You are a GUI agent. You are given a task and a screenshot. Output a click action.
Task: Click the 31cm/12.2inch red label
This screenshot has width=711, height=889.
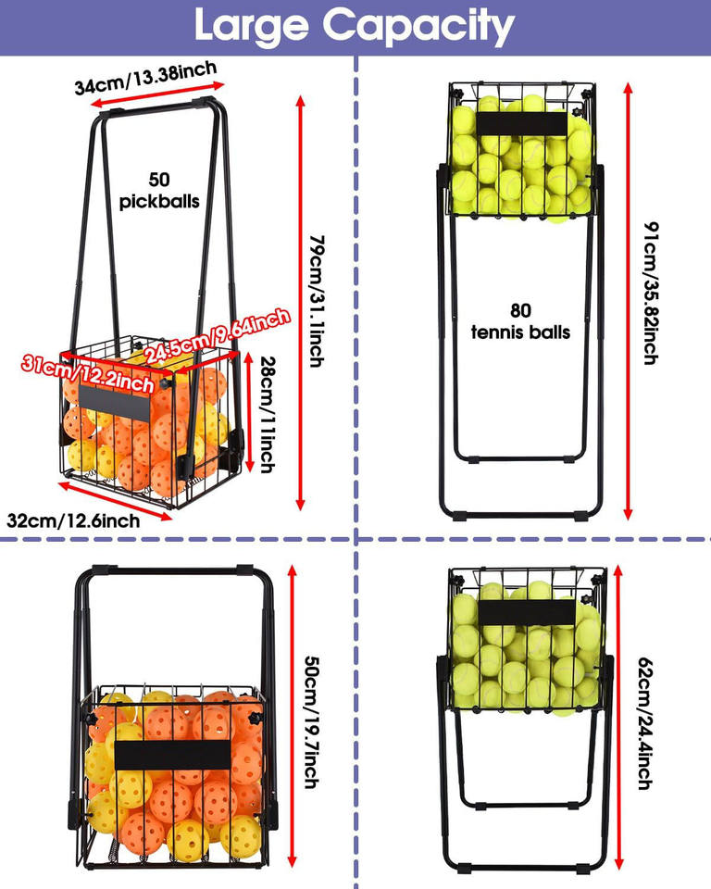88,370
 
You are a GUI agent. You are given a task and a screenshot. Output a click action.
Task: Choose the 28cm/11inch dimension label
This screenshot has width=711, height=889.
268,413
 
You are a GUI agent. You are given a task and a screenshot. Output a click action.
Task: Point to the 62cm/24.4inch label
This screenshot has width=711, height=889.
645,723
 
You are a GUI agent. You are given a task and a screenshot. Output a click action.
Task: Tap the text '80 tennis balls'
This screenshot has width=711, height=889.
520,321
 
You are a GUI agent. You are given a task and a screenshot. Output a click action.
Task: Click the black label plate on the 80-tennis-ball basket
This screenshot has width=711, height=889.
521,127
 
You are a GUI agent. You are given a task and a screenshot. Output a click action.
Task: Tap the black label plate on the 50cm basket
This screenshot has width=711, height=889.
173,754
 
